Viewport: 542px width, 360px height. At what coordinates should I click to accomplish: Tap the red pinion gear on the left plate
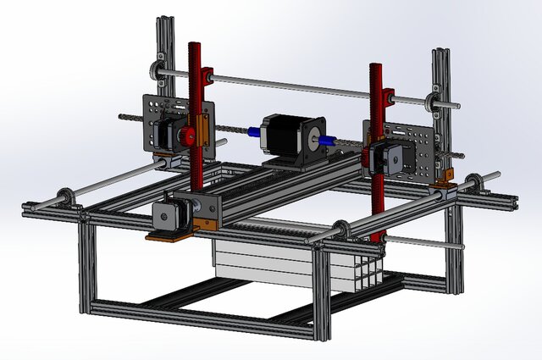189,136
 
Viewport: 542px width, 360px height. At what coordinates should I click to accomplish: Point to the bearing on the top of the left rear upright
158,67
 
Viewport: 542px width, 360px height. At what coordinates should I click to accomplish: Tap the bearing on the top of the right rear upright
439,102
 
